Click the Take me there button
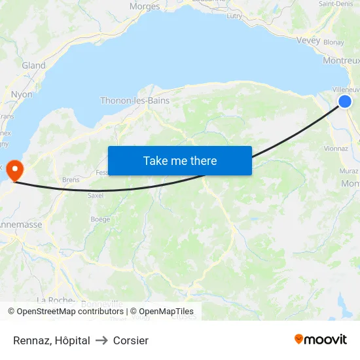[179, 160]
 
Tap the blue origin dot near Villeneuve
[344, 101]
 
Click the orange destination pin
[14, 170]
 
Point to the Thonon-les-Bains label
[135, 101]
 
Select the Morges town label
[145, 7]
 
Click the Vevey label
[308, 41]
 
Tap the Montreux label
[341, 61]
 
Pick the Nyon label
[22, 94]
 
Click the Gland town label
[34, 65]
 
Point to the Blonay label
[334, 42]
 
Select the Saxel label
[96, 195]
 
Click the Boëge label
[100, 219]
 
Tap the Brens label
[71, 179]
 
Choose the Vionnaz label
[336, 149]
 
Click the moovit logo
[321, 339]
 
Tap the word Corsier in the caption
[131, 340]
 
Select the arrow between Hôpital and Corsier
[101, 340]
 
